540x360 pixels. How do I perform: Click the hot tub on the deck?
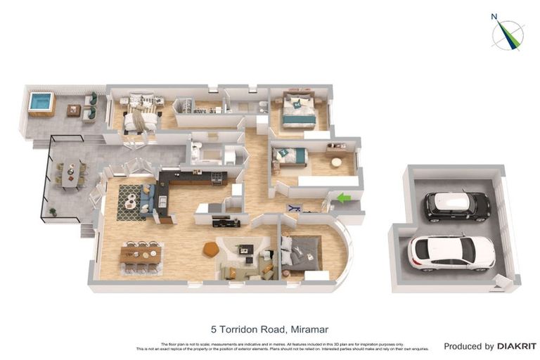[41, 103]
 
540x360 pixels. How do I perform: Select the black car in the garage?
[457, 205]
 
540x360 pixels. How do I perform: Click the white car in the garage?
[451, 252]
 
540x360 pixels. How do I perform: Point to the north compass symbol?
[507, 34]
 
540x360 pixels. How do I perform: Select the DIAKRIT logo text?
[517, 346]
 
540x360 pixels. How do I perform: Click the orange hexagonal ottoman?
[210, 249]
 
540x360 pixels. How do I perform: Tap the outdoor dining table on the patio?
[70, 174]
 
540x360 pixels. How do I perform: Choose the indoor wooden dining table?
[141, 256]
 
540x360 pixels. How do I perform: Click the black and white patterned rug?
[131, 202]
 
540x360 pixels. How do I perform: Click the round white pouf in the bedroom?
[336, 162]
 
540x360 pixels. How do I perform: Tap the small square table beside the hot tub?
[74, 110]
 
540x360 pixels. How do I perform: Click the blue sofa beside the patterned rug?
[147, 198]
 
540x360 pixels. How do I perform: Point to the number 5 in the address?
[214, 329]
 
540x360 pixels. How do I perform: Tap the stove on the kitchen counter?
[217, 179]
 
